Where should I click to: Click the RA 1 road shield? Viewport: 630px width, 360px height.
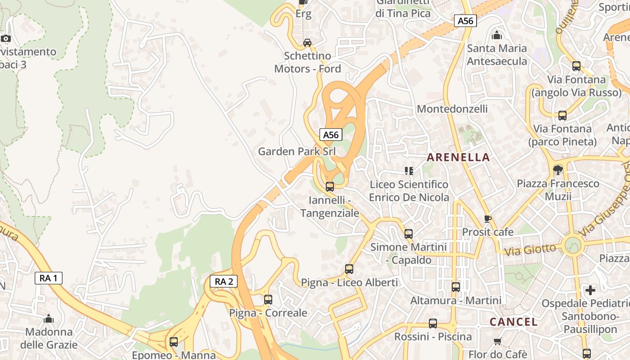click(x=49, y=278)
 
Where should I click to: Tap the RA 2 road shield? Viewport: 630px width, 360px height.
click(x=224, y=282)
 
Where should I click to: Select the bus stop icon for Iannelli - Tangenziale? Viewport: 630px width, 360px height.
click(x=330, y=186)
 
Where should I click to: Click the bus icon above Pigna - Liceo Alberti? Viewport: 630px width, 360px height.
click(x=349, y=269)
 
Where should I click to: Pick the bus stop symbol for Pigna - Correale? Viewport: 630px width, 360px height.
click(x=268, y=299)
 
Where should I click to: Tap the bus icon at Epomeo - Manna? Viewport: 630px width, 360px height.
click(x=174, y=342)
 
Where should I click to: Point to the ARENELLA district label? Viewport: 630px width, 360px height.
click(x=458, y=157)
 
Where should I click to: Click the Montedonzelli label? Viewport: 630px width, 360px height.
click(x=452, y=109)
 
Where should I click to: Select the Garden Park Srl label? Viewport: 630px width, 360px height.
click(x=297, y=151)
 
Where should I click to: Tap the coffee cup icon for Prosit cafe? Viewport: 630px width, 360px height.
click(x=487, y=219)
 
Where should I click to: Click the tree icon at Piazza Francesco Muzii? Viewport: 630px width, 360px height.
click(x=558, y=170)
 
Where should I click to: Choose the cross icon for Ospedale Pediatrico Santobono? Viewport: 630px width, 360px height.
click(x=590, y=290)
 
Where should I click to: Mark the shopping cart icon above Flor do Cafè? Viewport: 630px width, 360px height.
click(x=497, y=341)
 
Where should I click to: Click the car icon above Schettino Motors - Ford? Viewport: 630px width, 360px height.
click(x=307, y=43)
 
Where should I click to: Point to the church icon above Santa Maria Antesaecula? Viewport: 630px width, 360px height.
click(x=497, y=35)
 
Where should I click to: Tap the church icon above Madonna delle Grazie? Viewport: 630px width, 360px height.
click(x=49, y=319)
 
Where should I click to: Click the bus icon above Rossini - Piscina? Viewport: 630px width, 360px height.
click(x=433, y=323)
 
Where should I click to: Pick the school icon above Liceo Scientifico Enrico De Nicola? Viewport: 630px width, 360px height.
click(x=409, y=171)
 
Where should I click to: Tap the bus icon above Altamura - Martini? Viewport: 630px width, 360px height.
click(x=456, y=287)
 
